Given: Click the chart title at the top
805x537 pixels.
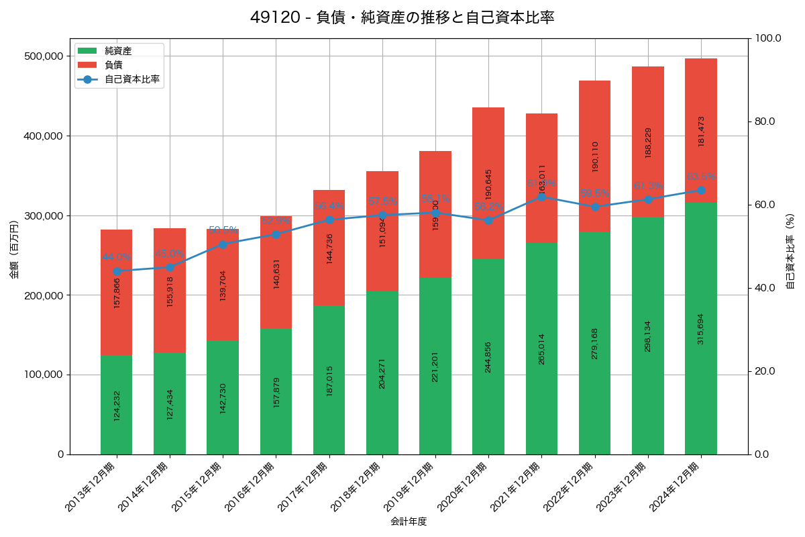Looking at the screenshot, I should click(402, 17).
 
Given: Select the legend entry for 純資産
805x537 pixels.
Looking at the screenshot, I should click(118, 50).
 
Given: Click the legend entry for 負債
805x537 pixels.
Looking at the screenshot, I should click(113, 64).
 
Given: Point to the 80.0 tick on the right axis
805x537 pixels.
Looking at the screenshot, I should click(765, 121).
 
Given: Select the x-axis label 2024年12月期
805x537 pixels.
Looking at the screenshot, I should click(676, 487).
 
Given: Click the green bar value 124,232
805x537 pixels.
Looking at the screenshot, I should click(117, 405).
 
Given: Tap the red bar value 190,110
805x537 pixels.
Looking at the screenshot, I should click(595, 157).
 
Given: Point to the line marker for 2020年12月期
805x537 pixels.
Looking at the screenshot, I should click(488, 220).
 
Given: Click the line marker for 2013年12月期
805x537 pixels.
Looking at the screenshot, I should click(117, 271).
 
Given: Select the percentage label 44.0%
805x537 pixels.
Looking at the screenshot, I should click(117, 257).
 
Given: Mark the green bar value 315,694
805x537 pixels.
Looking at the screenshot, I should click(701, 329).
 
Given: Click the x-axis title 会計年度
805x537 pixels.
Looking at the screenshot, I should click(409, 521).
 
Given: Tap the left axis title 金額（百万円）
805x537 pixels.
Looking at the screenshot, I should click(14, 250).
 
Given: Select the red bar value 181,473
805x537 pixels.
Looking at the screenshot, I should click(701, 131).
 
